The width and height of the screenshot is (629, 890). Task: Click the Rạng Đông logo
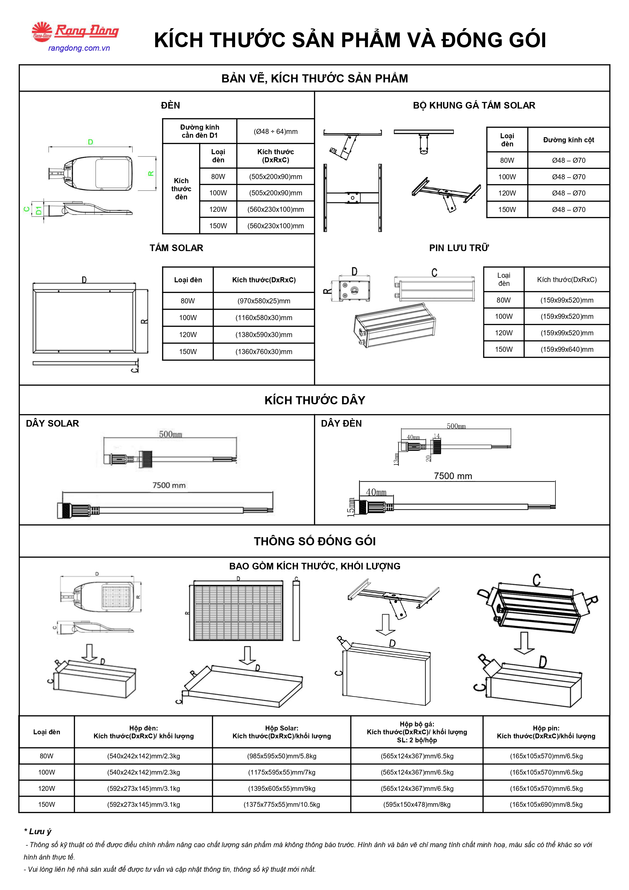pyautogui.click(x=75, y=31)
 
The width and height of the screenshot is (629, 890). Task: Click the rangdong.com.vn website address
pyautogui.click(x=79, y=48)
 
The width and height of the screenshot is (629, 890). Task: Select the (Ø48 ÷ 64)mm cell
pyautogui.click(x=276, y=131)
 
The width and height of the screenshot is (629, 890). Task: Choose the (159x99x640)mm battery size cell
pyautogui.click(x=567, y=349)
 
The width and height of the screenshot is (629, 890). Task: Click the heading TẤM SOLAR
pyautogui.click(x=176, y=248)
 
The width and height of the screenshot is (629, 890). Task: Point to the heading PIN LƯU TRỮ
pyautogui.click(x=459, y=248)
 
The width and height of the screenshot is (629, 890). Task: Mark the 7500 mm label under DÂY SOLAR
pyautogui.click(x=169, y=485)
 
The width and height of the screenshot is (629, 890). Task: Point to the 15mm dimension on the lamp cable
pyautogui.click(x=351, y=507)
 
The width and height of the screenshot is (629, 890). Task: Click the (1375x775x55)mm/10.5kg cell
pyautogui.click(x=282, y=804)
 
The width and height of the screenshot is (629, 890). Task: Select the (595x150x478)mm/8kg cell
pyautogui.click(x=417, y=804)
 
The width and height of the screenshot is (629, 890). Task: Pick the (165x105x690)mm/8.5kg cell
pyautogui.click(x=546, y=804)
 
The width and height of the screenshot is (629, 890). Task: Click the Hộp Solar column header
pyautogui.click(x=282, y=732)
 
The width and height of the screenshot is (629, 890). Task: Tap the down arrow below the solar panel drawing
pyautogui.click(x=247, y=655)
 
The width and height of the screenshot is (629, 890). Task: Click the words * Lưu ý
pyautogui.click(x=38, y=831)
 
